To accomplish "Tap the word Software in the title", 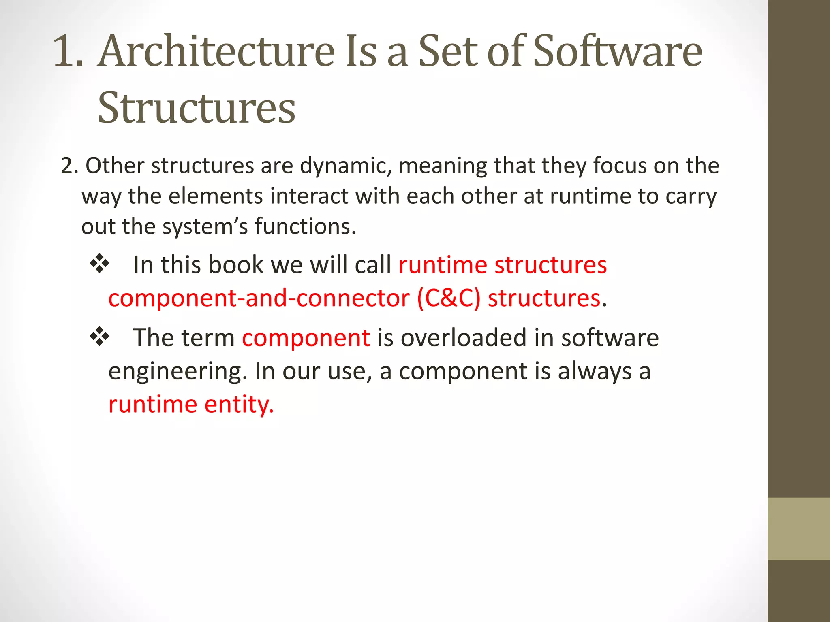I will (x=617, y=51).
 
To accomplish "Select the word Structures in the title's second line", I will (x=197, y=108).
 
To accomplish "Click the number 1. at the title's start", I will (x=68, y=51).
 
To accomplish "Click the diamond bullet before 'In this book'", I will (x=100, y=264).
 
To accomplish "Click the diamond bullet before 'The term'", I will (x=100, y=337).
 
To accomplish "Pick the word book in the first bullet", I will (x=235, y=265).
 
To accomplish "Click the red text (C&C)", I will (x=449, y=298).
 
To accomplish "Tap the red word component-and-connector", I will (x=259, y=298).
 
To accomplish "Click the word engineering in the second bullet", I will (x=178, y=372).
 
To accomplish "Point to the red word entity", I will (x=239, y=405).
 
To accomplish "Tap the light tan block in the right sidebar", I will (x=798, y=528).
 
